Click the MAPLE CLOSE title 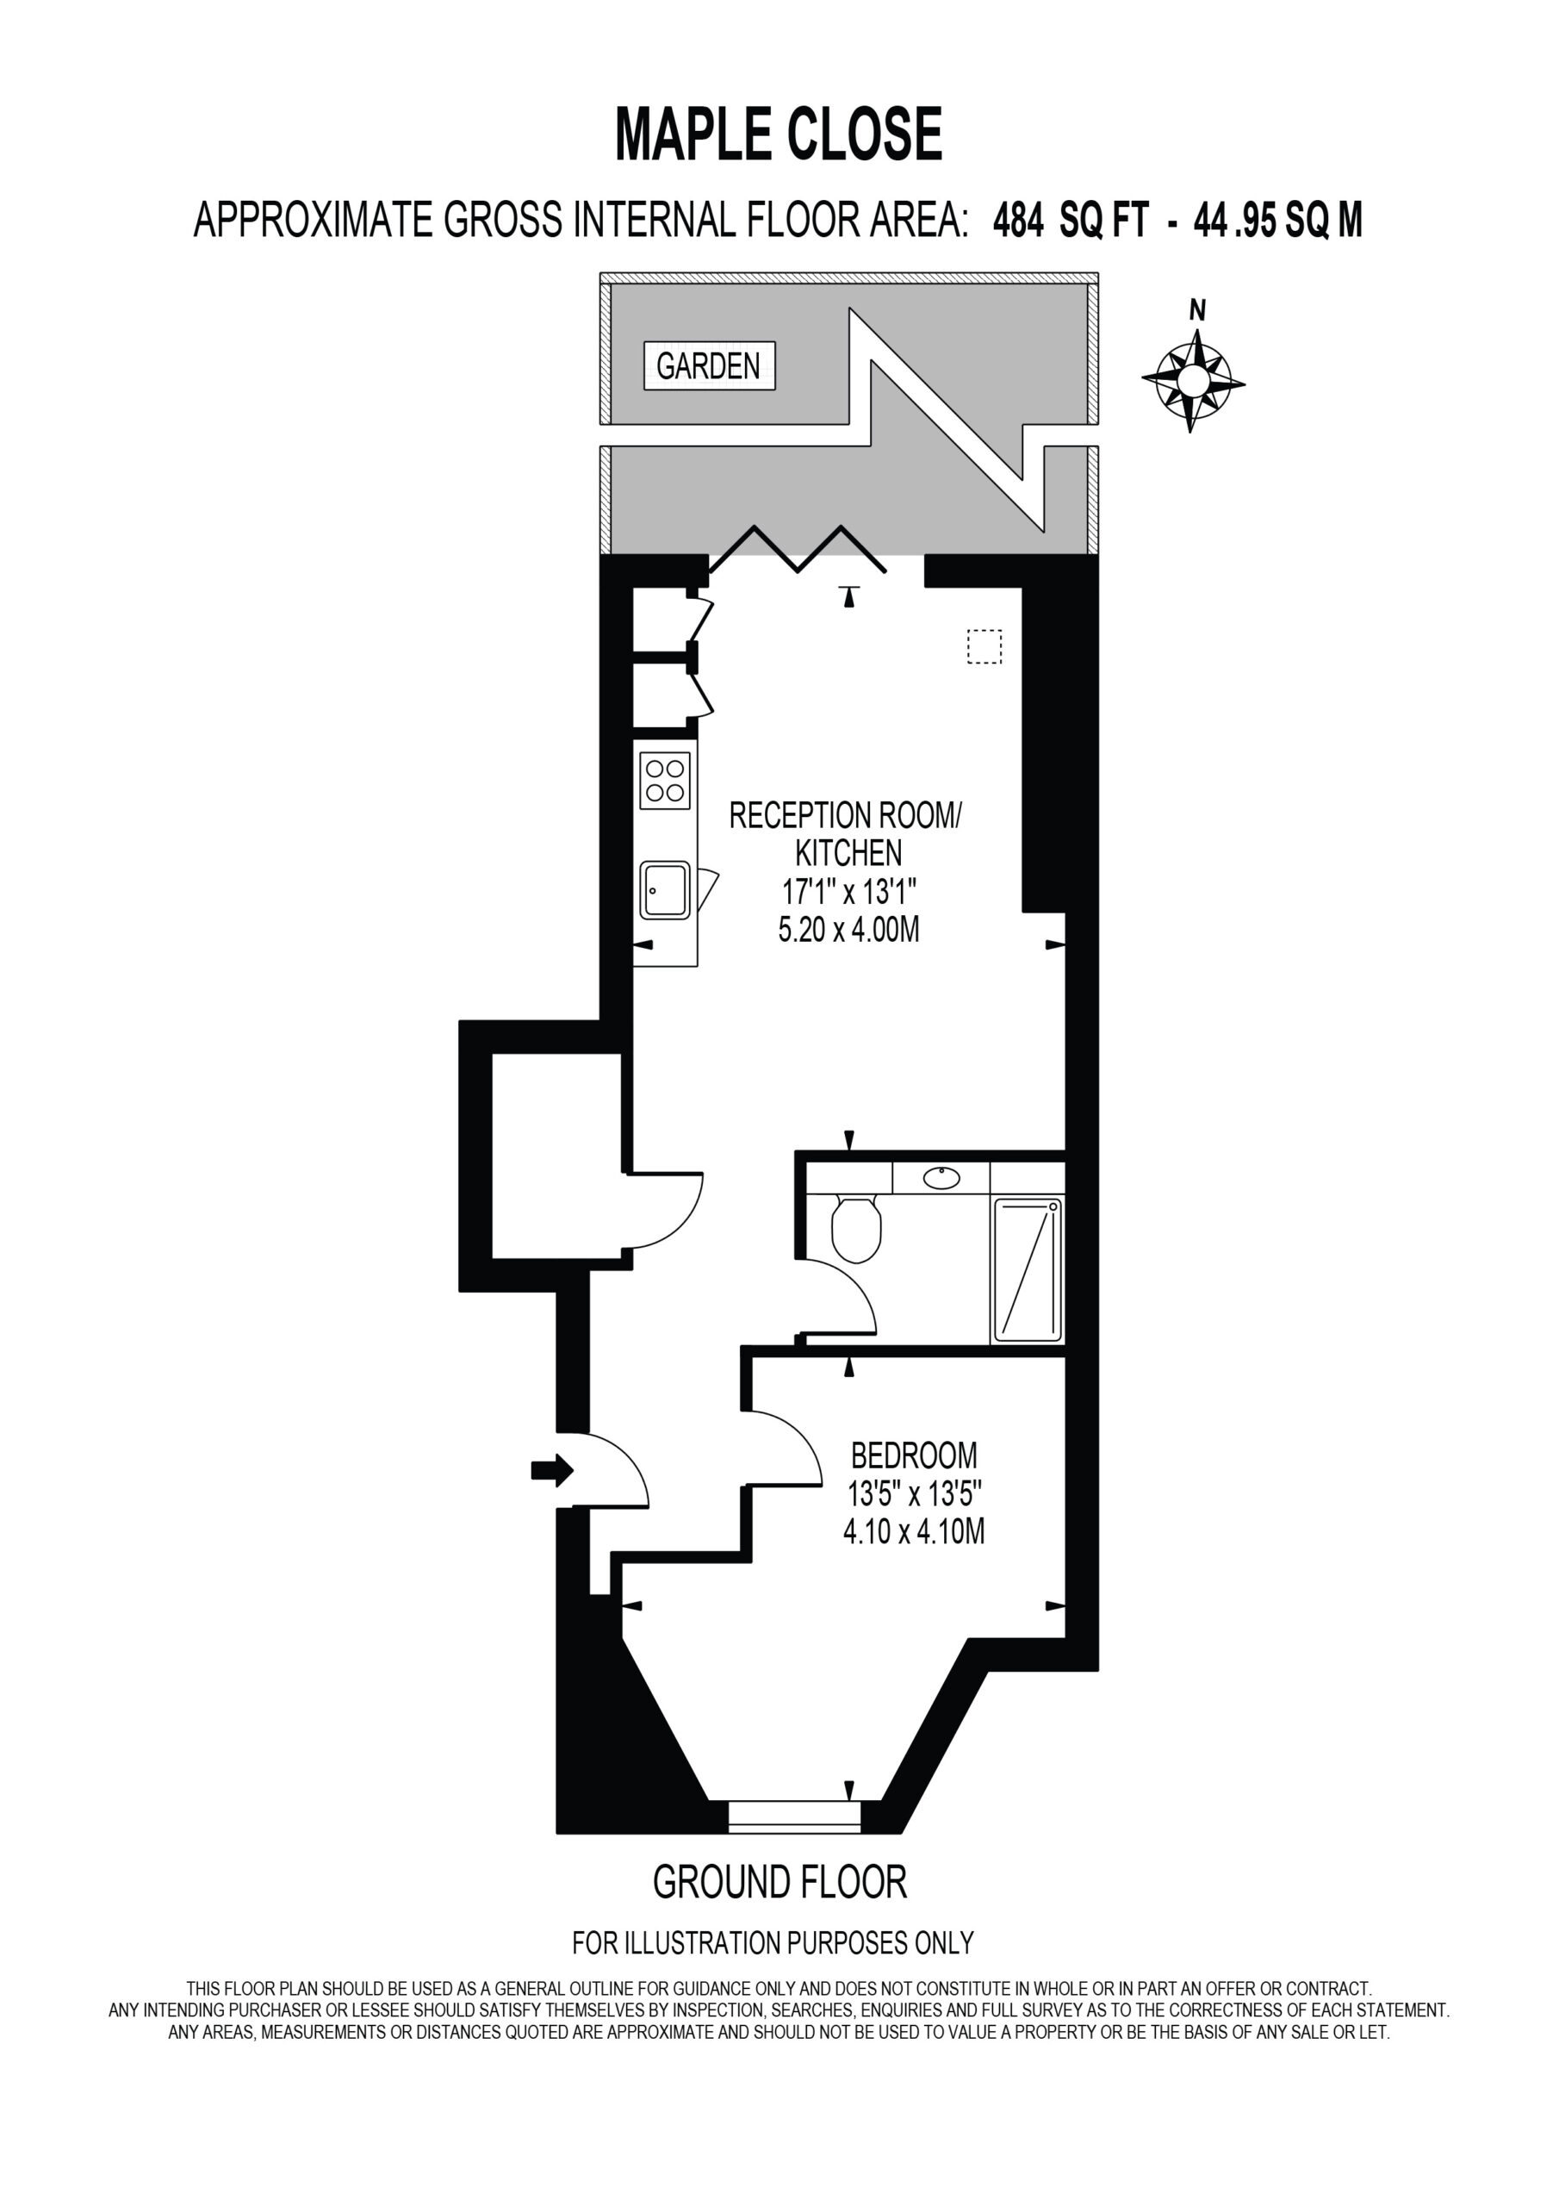778,134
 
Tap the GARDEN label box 709,365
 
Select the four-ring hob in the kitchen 665,780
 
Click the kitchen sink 665,889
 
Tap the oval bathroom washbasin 941,1177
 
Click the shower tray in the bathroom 1028,1269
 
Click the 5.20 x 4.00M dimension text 849,929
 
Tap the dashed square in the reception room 984,646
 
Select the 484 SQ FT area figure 1071,221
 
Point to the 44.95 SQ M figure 1277,221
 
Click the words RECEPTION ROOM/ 845,816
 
